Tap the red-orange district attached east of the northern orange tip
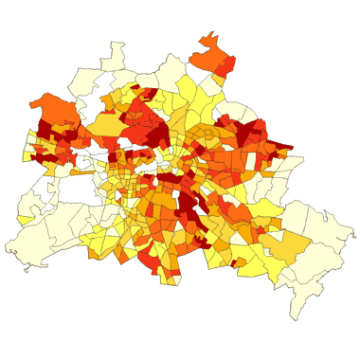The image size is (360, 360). pos(227,66)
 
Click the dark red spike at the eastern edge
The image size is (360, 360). pos(281,147)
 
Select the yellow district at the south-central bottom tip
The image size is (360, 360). pos(170,276)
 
